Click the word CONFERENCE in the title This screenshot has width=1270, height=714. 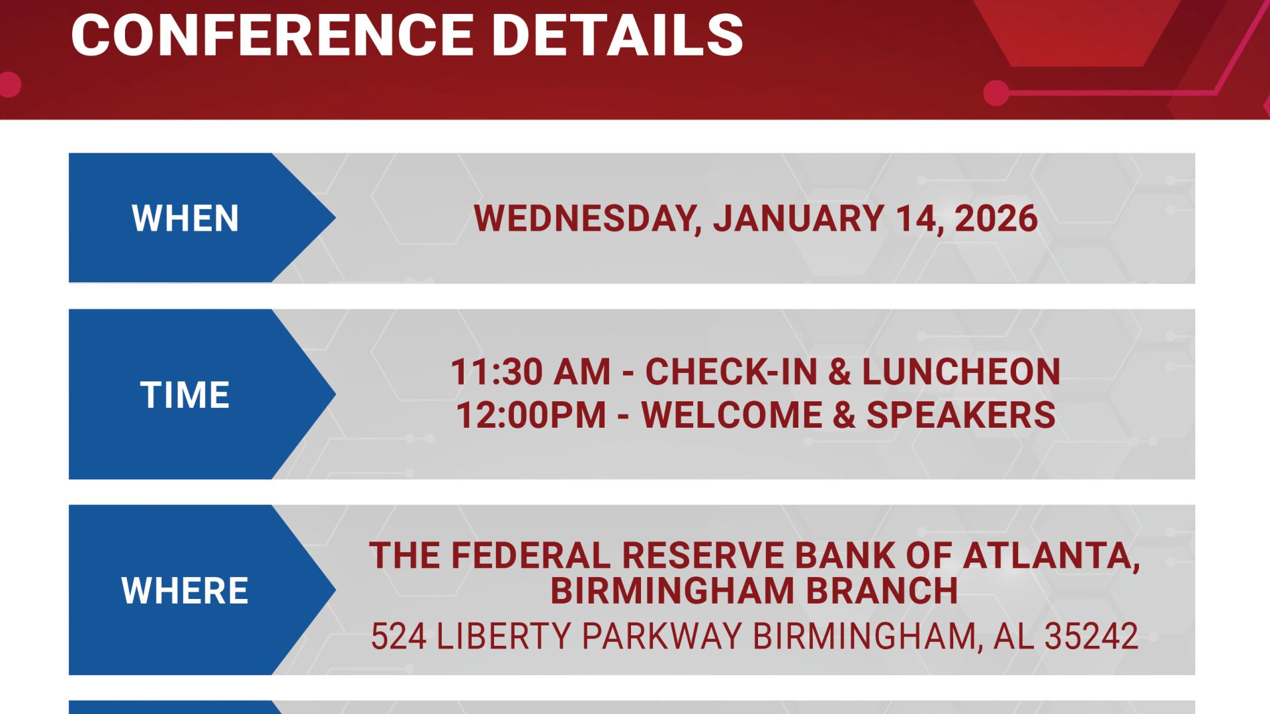tap(272, 35)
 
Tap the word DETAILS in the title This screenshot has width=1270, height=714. tap(618, 35)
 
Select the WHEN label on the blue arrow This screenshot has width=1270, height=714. tap(185, 218)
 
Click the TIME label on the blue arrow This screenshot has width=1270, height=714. tap(185, 395)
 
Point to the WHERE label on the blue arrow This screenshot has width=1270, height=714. tap(185, 590)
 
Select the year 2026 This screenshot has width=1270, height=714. tap(996, 218)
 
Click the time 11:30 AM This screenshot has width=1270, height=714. tap(530, 372)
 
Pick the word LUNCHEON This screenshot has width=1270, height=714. tap(961, 372)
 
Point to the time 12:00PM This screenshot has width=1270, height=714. tap(530, 415)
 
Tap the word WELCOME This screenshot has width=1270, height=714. tap(732, 415)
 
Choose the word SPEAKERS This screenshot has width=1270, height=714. tap(961, 415)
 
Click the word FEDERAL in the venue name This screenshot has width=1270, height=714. tap(531, 555)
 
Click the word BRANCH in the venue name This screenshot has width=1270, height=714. tap(882, 590)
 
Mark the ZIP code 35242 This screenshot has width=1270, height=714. tap(1091, 636)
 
